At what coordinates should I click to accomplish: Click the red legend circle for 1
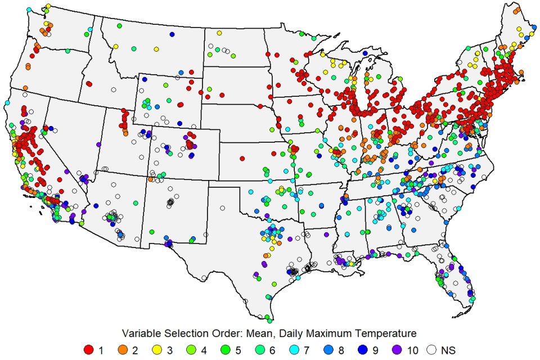(88, 350)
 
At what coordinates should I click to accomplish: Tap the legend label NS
(448, 350)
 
